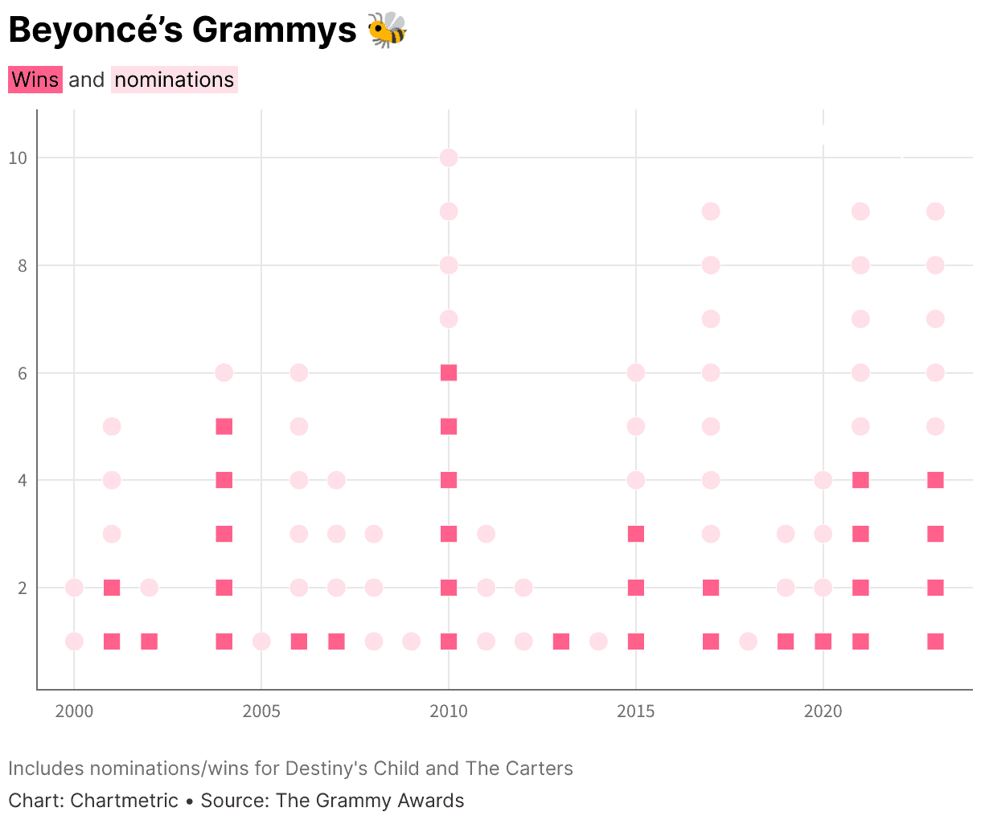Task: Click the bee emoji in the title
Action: pos(388,30)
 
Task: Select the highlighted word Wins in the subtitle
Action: pos(35,80)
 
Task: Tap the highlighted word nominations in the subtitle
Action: pos(174,80)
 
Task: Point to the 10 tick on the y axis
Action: pos(18,158)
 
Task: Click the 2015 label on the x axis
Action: pos(636,711)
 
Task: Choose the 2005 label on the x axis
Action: pos(261,711)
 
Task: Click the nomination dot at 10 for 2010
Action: pos(449,158)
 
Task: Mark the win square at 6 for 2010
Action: pos(449,372)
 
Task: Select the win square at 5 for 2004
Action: pos(224,426)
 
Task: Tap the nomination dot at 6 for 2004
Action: pos(224,372)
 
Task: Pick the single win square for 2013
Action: pos(561,642)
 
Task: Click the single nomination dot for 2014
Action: pos(598,642)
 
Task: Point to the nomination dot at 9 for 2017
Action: pos(711,211)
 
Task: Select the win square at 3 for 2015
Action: pos(636,534)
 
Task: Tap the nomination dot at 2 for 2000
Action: pos(74,588)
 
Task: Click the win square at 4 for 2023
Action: pos(935,480)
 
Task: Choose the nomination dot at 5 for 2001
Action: pos(112,426)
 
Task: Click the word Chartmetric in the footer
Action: pos(125,801)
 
